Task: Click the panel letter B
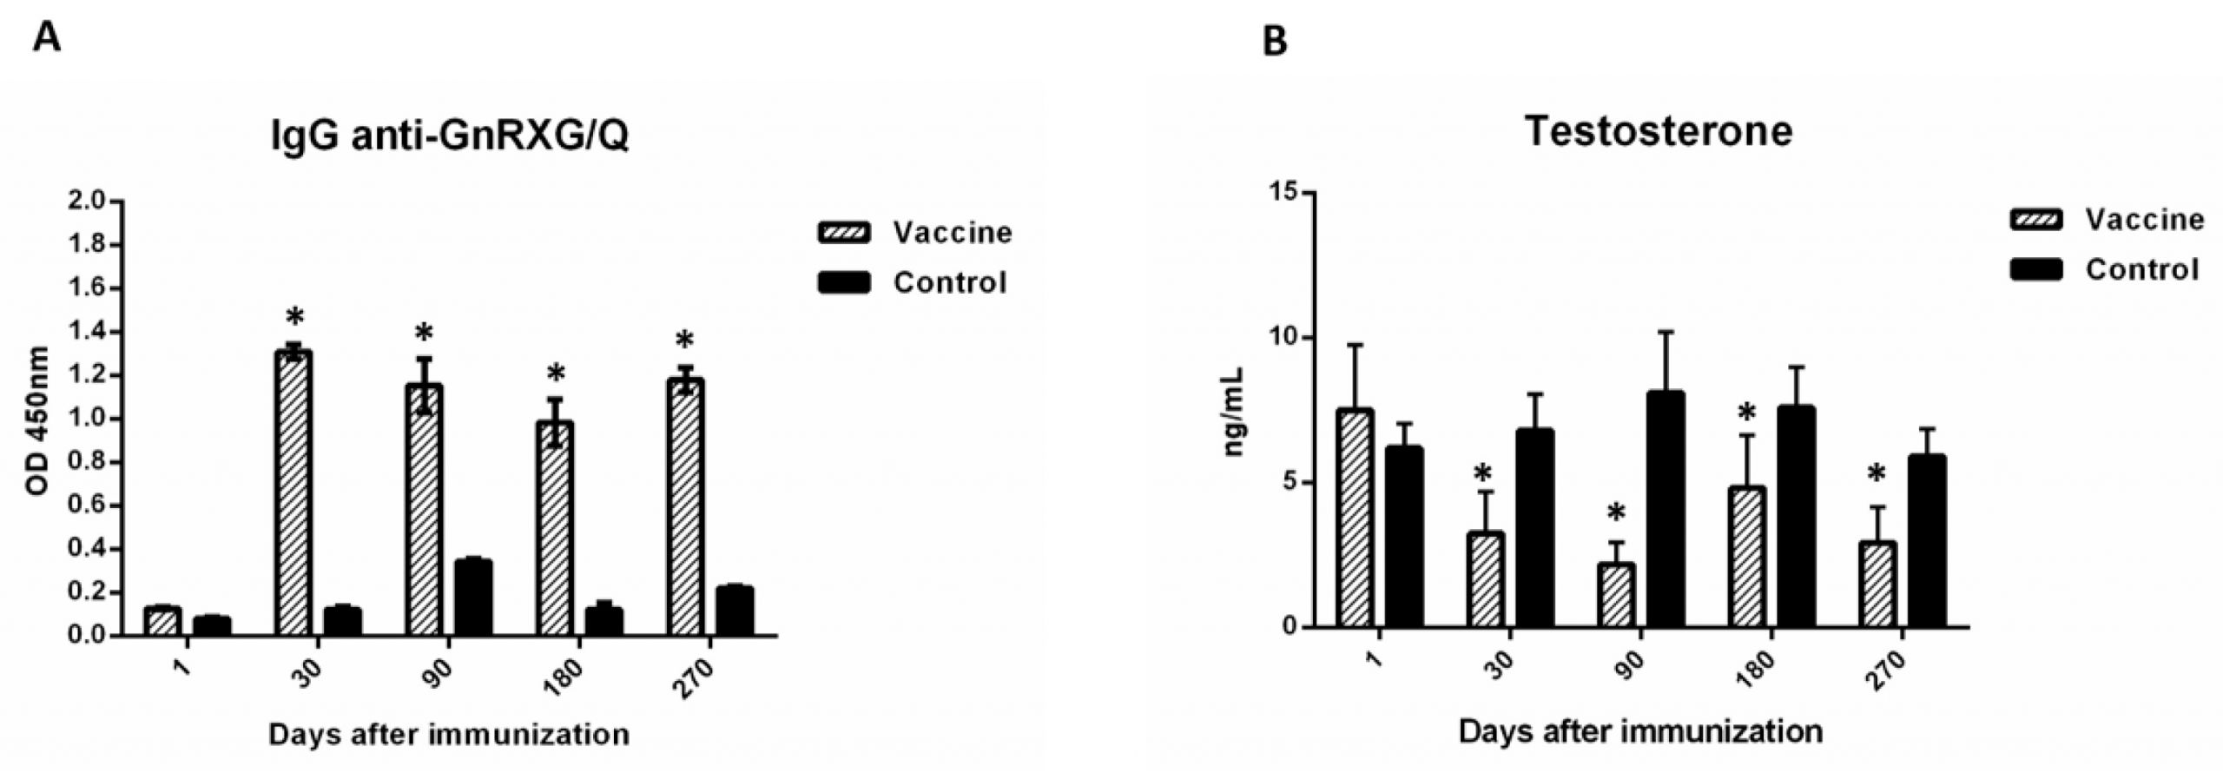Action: (1274, 41)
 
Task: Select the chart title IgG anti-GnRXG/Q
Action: (450, 137)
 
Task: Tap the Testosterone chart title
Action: (1658, 131)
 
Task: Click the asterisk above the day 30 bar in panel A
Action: (294, 317)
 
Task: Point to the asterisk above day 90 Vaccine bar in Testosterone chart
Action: (1616, 513)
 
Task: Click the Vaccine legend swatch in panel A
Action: (844, 233)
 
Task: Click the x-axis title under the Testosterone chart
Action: (1640, 731)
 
